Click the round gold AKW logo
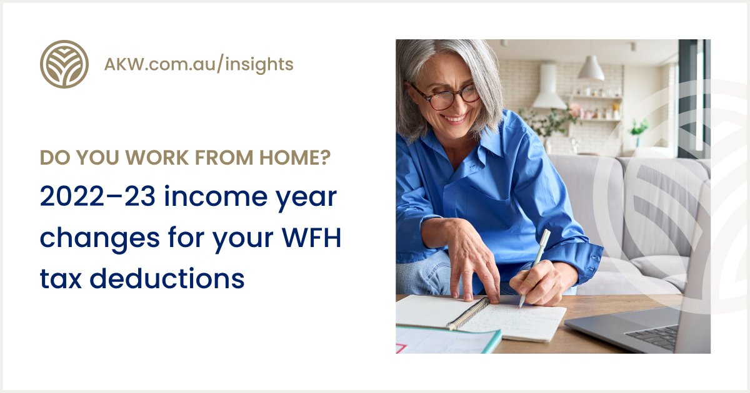click(64, 64)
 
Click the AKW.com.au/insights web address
click(199, 64)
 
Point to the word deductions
click(167, 278)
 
